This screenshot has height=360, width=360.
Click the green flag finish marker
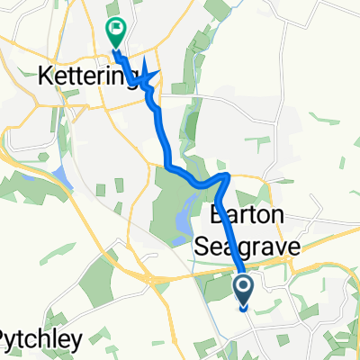point(116,33)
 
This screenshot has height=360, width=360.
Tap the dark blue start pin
point(244,290)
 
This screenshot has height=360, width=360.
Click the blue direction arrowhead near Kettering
point(148,77)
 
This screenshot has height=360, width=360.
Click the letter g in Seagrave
point(234,247)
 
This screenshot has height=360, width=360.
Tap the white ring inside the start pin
point(244,286)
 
